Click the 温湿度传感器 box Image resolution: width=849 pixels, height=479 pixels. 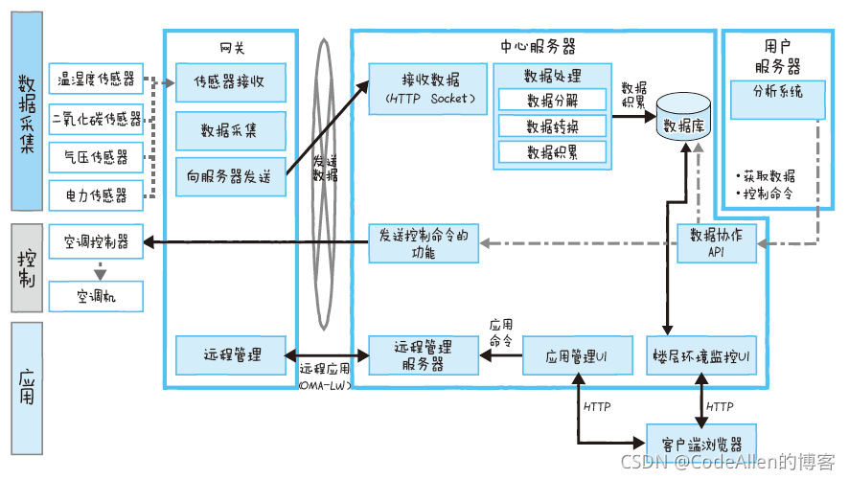point(96,79)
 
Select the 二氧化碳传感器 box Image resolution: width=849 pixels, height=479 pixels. point(96,119)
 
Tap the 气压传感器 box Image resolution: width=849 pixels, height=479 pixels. point(96,157)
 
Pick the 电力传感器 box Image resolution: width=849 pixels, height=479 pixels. point(96,195)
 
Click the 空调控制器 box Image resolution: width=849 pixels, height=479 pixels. point(96,241)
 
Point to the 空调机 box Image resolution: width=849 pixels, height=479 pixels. point(96,296)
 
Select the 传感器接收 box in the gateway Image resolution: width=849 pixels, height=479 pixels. point(230,81)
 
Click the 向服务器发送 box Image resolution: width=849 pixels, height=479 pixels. point(230,176)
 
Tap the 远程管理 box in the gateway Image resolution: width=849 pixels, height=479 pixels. point(230,354)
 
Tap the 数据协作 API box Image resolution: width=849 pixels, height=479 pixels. point(716,241)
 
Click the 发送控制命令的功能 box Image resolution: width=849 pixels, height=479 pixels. point(424,242)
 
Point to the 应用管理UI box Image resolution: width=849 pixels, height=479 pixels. point(578,354)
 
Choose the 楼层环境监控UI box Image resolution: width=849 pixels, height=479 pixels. point(702,354)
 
